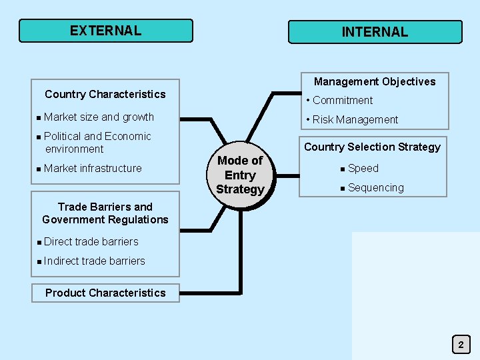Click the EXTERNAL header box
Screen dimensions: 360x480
(105, 31)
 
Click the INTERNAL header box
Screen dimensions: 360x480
(375, 32)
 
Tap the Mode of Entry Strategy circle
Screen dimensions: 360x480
(240, 175)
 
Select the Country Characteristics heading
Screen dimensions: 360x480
(105, 94)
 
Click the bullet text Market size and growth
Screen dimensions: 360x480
(99, 117)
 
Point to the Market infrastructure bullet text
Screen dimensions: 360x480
(93, 168)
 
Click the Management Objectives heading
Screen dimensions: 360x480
(375, 81)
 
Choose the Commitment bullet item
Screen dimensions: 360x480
(343, 101)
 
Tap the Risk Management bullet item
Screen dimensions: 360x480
(355, 120)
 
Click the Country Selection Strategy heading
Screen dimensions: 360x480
(372, 147)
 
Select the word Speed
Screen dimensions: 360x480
(363, 169)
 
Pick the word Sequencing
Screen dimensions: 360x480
(376, 188)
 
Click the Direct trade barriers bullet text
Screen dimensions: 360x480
(91, 241)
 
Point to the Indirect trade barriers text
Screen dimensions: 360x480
(95, 261)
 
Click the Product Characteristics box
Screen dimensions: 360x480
(105, 293)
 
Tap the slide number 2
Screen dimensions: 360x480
(461, 345)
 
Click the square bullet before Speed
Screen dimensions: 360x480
(342, 169)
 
